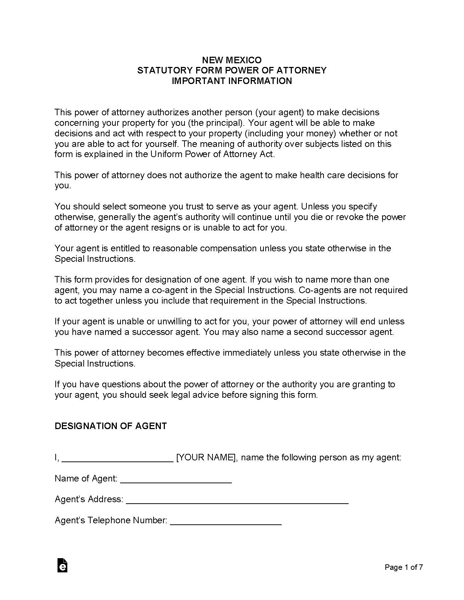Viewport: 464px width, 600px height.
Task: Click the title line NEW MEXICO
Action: tap(232, 60)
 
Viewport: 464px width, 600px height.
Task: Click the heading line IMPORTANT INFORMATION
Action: tap(232, 81)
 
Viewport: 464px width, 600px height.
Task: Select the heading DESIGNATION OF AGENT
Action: tap(111, 426)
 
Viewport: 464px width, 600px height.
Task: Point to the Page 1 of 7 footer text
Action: tap(404, 567)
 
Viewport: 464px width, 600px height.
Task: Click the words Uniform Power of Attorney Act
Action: tap(212, 154)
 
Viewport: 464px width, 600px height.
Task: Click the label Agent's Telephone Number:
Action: tap(111, 520)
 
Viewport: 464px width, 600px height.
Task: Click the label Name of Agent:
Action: tap(86, 479)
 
